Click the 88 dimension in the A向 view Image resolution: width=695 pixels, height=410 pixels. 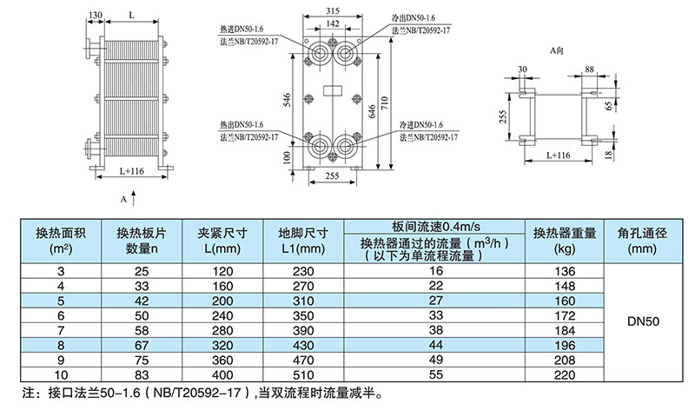[x=589, y=69]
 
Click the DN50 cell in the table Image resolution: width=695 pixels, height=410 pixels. [x=644, y=321]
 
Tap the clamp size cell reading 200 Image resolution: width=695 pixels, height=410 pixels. [x=223, y=300]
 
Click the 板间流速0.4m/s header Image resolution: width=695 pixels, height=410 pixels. [x=437, y=227]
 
